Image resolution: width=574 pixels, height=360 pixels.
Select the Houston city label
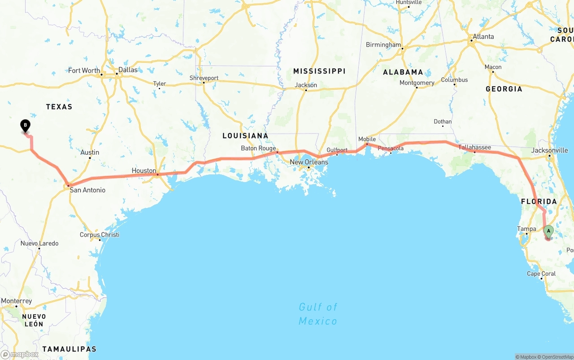(143, 171)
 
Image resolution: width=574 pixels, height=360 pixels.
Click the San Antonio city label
(87, 190)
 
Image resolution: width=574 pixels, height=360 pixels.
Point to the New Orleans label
(309, 162)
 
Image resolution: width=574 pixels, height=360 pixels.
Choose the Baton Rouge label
(258, 148)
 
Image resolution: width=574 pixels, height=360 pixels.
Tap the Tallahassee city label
(474, 147)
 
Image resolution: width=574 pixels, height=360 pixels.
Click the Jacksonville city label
(549, 150)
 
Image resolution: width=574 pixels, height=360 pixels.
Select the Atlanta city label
(483, 37)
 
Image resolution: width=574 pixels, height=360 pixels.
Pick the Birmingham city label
(383, 45)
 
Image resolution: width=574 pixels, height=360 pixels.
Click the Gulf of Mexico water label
(318, 314)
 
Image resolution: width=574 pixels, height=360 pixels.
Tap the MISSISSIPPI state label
(319, 71)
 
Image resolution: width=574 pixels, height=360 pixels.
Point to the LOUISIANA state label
(245, 136)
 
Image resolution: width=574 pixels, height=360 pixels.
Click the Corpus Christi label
(100, 235)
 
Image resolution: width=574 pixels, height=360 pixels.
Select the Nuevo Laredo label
(39, 243)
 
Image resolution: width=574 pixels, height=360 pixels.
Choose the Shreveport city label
(204, 78)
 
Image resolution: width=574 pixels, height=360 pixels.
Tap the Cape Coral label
(541, 273)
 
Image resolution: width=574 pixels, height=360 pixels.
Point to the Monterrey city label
(17, 301)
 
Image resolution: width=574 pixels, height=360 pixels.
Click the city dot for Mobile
(367, 144)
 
